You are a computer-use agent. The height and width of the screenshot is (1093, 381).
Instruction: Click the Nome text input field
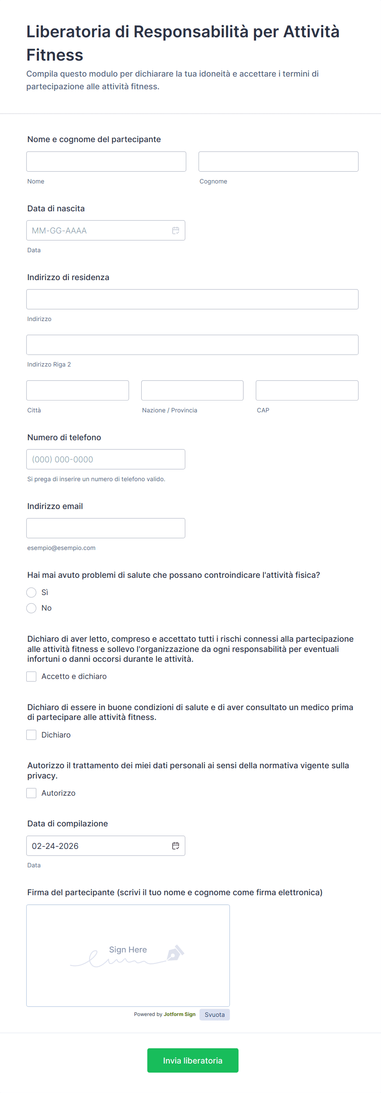coord(106,162)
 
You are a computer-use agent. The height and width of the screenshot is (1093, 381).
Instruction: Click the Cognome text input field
coord(278,162)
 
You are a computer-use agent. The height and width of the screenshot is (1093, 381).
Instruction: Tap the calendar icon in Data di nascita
coord(176,231)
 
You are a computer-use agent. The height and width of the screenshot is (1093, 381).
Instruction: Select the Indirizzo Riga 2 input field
coord(192,345)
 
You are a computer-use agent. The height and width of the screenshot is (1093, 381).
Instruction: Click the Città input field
coord(78,390)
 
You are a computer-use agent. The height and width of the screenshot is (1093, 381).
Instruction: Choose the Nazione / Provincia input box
coord(192,390)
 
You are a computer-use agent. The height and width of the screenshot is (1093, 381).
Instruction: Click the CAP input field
coord(307,390)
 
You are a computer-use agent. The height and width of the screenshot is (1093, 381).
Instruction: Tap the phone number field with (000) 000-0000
coord(106,459)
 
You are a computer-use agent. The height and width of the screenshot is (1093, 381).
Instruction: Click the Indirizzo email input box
coord(106,528)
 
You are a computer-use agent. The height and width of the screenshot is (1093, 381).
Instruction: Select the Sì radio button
coord(32,592)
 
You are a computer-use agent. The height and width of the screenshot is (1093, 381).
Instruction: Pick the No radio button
coord(32,608)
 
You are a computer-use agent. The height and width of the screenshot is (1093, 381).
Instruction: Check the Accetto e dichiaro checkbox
coord(32,677)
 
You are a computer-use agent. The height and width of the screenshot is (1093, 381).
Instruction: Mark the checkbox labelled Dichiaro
coord(32,735)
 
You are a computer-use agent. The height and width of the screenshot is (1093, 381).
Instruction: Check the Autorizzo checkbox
coord(32,793)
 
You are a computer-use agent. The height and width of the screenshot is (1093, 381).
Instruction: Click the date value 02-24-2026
coord(55,846)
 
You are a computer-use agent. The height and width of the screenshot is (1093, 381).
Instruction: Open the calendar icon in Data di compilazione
coord(176,846)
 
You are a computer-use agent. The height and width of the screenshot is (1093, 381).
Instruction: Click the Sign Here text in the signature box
coord(128,950)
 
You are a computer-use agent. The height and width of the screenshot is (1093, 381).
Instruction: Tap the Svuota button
coord(215,1014)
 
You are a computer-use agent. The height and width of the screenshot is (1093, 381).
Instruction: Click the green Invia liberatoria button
coord(193,1060)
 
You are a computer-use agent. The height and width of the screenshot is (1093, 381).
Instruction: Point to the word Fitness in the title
coord(55,55)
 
